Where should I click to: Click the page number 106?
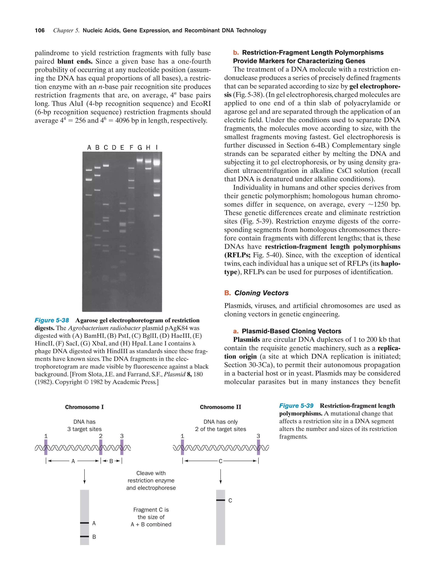coord(40,31)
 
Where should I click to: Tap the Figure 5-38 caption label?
coord(52,320)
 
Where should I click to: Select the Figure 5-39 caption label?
coord(296,406)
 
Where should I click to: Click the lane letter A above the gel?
coord(89,148)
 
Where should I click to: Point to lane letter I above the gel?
coord(157,148)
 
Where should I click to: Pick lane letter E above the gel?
coord(122,148)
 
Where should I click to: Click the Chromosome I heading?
coord(85,407)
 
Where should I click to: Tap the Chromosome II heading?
coord(220,407)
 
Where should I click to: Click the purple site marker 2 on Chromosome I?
coord(101,447)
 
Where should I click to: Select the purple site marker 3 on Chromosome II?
coord(258,447)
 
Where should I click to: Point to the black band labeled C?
coord(220,500)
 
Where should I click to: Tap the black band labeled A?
coord(85,523)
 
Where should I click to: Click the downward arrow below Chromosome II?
coord(220,476)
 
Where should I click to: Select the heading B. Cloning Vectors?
coord(257,293)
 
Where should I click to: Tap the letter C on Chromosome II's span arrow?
coord(220,461)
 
